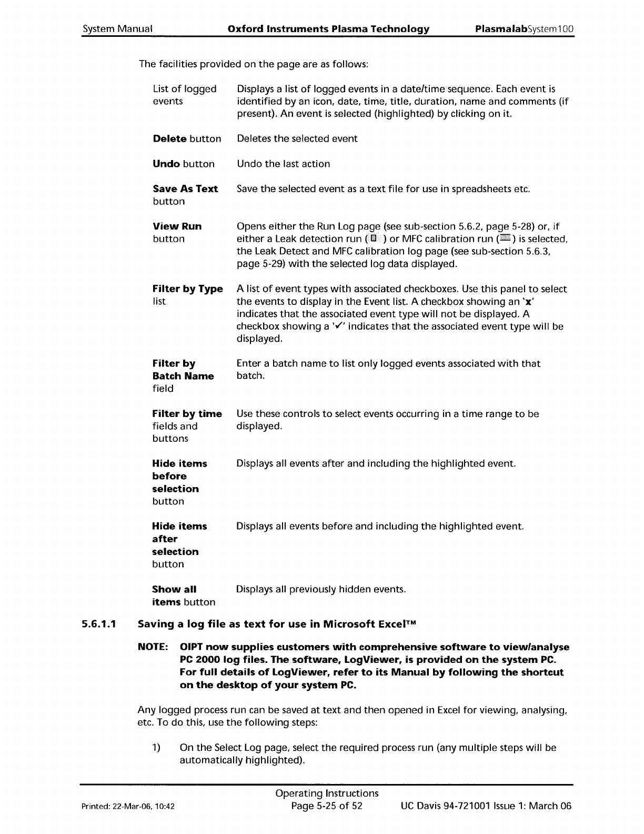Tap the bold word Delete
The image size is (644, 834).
pyautogui.click(x=169, y=139)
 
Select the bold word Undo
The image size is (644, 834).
pyautogui.click(x=166, y=164)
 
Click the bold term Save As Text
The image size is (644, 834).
pyautogui.click(x=185, y=189)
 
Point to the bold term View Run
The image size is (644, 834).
pyautogui.click(x=177, y=226)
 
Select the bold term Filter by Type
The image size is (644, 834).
pyautogui.click(x=187, y=289)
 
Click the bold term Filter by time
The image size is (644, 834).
pyautogui.click(x=187, y=414)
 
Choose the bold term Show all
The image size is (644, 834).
pyautogui.click(x=174, y=589)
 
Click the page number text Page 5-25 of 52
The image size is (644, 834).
pyautogui.click(x=327, y=806)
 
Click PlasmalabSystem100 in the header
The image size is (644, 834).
pyautogui.click(x=524, y=29)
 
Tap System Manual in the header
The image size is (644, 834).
pyautogui.click(x=117, y=29)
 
